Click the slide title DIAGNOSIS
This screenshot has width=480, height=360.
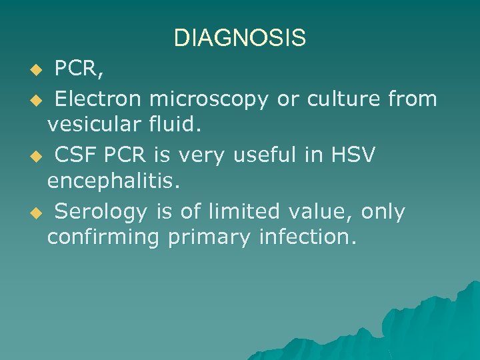click(x=239, y=38)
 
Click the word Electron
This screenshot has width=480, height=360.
click(x=98, y=99)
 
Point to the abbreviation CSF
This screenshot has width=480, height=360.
click(x=72, y=155)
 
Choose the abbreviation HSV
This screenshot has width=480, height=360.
click(x=353, y=155)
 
